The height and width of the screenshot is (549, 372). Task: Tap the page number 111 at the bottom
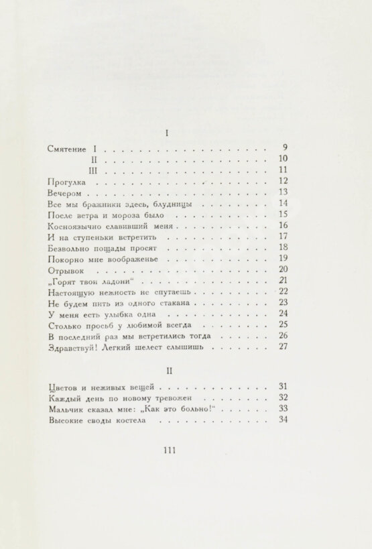tap(168, 450)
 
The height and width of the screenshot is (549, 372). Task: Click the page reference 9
tap(284, 147)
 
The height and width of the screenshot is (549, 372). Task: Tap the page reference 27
tap(282, 347)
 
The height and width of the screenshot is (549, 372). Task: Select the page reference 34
tap(282, 420)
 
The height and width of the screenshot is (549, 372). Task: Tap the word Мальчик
tap(68, 409)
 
